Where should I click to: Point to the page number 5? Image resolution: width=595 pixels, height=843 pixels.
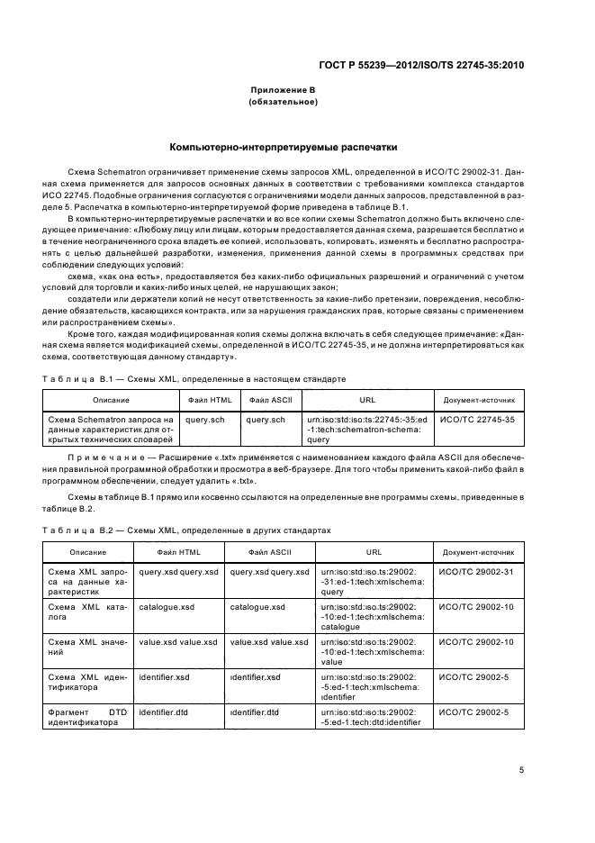pos(523,770)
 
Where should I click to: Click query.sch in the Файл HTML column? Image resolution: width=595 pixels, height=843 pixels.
pos(205,420)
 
